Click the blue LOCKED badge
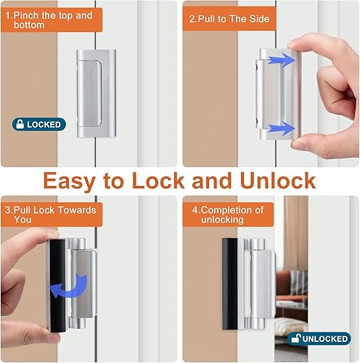[38, 124]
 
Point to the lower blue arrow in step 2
[279, 129]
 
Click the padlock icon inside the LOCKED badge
[19, 124]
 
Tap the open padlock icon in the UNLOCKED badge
[295, 338]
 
